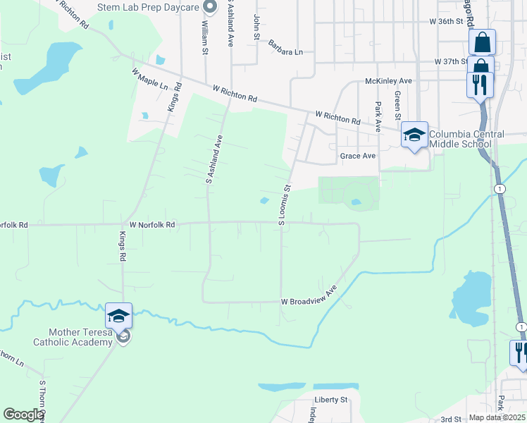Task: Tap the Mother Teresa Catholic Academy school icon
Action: click(x=118, y=315)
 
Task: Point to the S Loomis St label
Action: click(x=285, y=205)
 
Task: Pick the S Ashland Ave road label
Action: click(x=213, y=159)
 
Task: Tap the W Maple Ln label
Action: click(x=149, y=78)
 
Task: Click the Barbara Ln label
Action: click(x=285, y=47)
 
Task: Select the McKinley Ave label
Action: click(x=388, y=81)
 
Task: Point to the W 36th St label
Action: click(x=450, y=22)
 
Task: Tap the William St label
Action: click(x=205, y=32)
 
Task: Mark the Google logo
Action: click(x=23, y=415)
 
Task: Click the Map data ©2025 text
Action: click(x=497, y=417)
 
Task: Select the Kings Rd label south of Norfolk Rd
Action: click(x=123, y=247)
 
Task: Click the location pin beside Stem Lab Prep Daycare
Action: click(x=209, y=8)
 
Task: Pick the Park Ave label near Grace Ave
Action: click(x=378, y=114)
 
